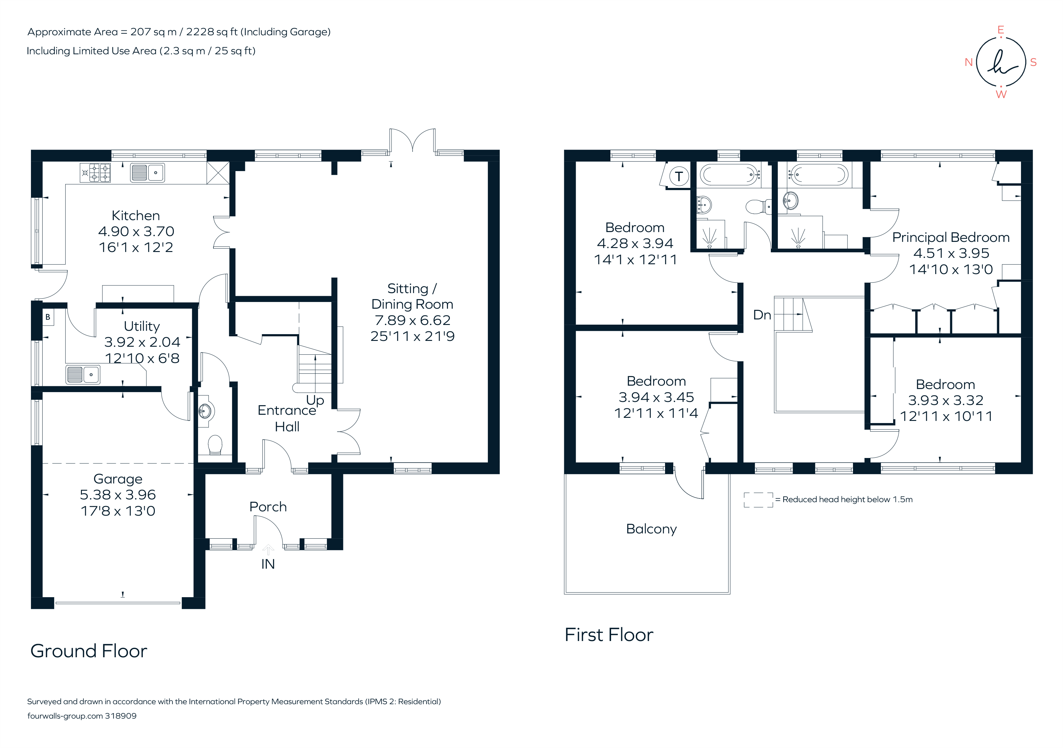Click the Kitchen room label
click(x=136, y=216)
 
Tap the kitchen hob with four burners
click(x=95, y=173)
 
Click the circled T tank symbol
click(x=679, y=176)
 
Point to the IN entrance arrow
click(x=268, y=550)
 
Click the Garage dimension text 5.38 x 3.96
click(x=118, y=495)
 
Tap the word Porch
click(x=268, y=507)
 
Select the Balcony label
click(x=651, y=529)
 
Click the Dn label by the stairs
click(x=762, y=315)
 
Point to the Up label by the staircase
click(x=315, y=400)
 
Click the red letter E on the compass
click(x=1000, y=30)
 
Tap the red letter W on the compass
click(x=1001, y=94)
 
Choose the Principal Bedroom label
click(x=950, y=238)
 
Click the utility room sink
click(x=83, y=375)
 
